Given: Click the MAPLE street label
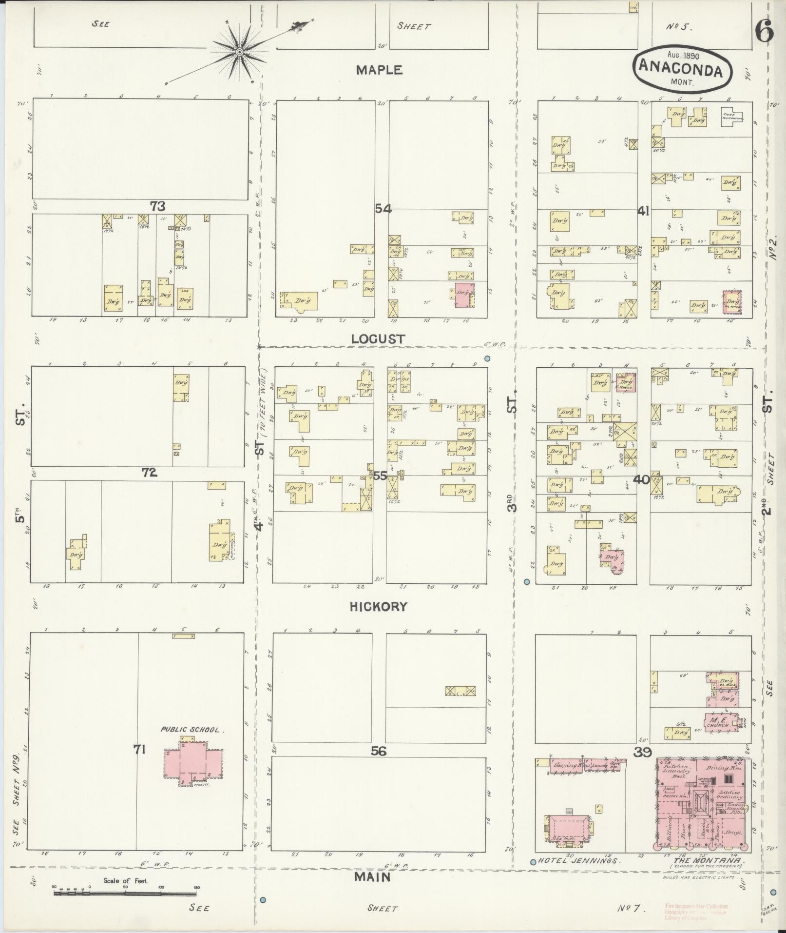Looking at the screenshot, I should (x=379, y=70).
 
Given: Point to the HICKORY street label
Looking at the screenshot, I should (x=379, y=607).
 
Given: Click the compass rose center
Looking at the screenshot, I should (x=240, y=52).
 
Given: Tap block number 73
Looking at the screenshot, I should (x=157, y=206).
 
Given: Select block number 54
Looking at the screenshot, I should (x=383, y=208).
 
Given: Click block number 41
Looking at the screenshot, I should (x=644, y=211).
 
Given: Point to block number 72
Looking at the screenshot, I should (x=149, y=472).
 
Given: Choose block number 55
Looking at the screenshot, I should (x=380, y=476).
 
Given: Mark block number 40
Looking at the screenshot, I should (x=642, y=479).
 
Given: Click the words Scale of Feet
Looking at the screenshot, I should (x=126, y=881).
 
